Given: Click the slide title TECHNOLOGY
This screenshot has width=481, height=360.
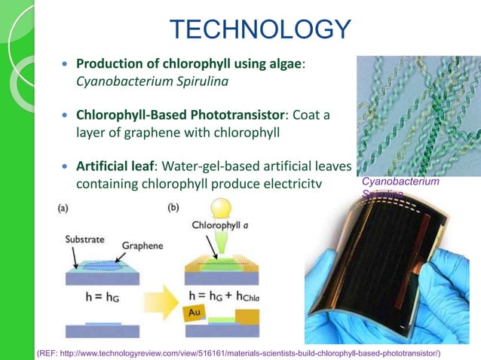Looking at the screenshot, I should [260, 29].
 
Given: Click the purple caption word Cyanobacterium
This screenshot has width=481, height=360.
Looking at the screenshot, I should [400, 182].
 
